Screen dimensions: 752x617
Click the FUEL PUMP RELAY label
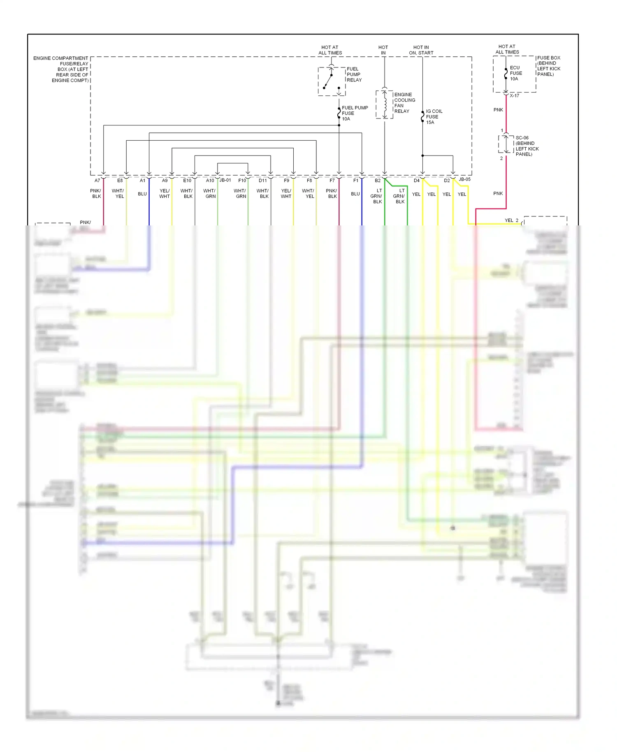(354, 74)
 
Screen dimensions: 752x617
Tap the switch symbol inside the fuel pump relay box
(329, 80)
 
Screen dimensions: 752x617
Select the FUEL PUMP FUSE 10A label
(354, 113)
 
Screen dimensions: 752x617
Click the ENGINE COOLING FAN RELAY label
(404, 103)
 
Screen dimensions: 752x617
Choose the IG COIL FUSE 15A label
(434, 117)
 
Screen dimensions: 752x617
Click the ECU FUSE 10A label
(516, 73)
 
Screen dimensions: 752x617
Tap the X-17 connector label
(514, 95)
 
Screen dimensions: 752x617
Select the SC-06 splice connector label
(527, 146)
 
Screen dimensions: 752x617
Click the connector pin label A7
(97, 181)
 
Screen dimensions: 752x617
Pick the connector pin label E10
(187, 181)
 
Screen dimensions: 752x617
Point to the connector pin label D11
(262, 181)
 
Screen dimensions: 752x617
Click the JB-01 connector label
(225, 180)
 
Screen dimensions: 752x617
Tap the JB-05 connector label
(465, 179)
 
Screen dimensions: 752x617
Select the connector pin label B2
(378, 181)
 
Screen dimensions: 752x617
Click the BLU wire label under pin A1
(142, 194)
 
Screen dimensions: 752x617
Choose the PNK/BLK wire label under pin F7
(332, 193)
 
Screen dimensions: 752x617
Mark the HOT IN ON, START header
(421, 50)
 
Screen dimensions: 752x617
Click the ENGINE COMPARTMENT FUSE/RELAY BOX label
(61, 69)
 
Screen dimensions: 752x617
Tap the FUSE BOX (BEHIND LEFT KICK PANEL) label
(549, 66)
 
